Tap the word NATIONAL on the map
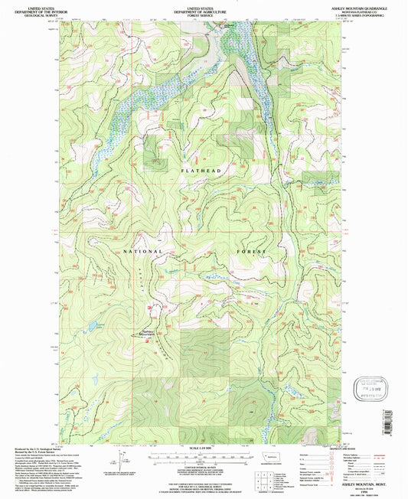tap(142, 251)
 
